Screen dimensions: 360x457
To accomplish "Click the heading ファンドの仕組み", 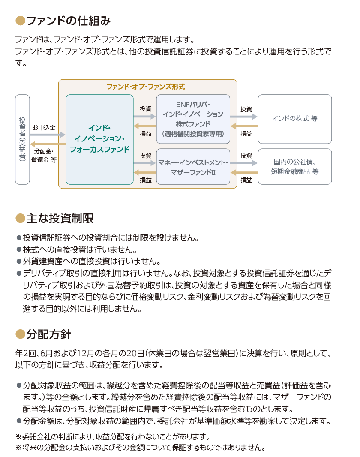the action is pyautogui.click(x=69, y=21).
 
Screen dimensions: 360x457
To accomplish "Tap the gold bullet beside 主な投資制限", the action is pyautogui.click(x=21, y=218).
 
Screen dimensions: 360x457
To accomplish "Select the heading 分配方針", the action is pyautogui.click(x=48, y=334).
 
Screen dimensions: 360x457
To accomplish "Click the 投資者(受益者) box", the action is pyautogui.click(x=22, y=139).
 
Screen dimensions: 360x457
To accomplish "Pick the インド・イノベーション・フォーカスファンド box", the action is pyautogui.click(x=99, y=139).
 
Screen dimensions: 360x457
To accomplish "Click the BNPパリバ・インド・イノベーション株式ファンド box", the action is pyautogui.click(x=193, y=119).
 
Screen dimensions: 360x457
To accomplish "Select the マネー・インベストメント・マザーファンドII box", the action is pyautogui.click(x=193, y=166).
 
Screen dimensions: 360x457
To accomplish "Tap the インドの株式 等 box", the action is pyautogui.click(x=295, y=119).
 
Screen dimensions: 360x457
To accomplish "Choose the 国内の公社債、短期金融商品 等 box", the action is pyautogui.click(x=295, y=166).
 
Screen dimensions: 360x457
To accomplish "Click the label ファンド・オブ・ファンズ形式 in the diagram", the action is pyautogui.click(x=146, y=87).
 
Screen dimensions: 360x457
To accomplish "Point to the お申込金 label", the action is pyautogui.click(x=44, y=128).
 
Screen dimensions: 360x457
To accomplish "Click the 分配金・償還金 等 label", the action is pyautogui.click(x=44, y=156).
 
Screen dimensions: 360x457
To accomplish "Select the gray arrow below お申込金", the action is pyautogui.click(x=48, y=135).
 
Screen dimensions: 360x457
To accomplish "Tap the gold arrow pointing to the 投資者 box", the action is pyautogui.click(x=48, y=144).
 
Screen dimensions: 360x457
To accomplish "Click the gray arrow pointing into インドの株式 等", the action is pyautogui.click(x=244, y=117).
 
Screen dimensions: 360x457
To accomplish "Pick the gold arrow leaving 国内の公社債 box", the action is pyautogui.click(x=244, y=172).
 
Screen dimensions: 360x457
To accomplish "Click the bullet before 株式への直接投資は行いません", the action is pyautogui.click(x=19, y=250).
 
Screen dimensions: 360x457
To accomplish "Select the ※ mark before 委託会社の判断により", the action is pyautogui.click(x=18, y=437).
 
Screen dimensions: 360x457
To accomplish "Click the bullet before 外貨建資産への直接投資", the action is pyautogui.click(x=19, y=262).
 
